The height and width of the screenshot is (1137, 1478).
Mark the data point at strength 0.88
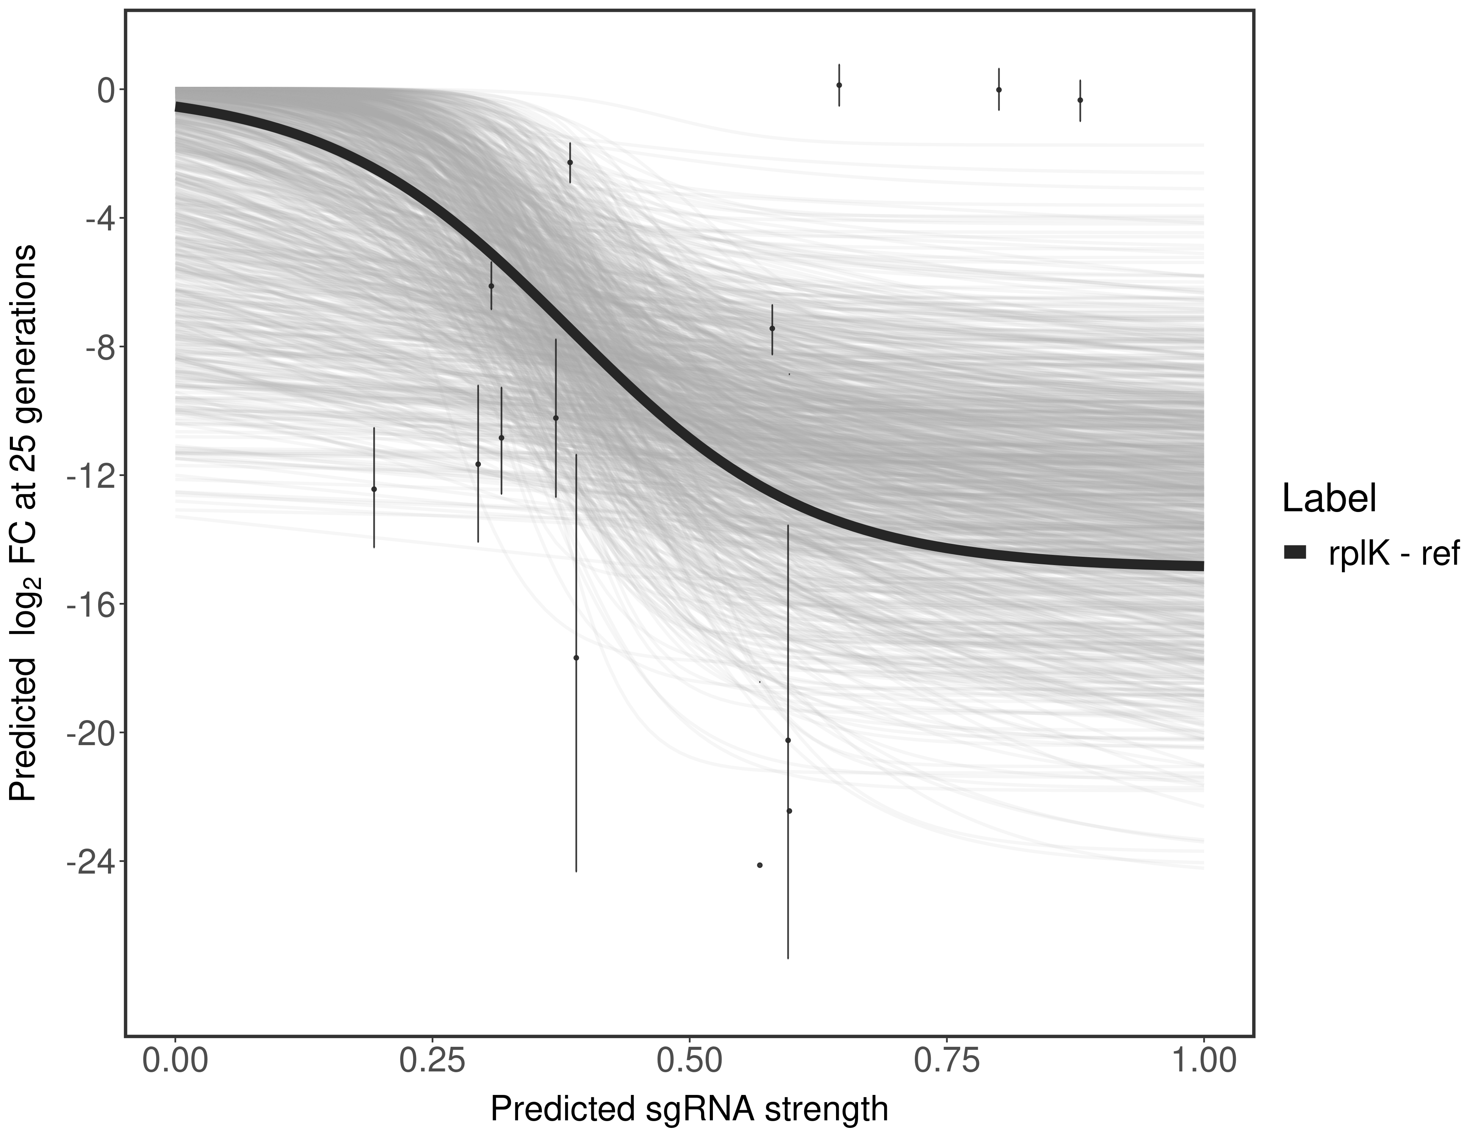pos(1080,100)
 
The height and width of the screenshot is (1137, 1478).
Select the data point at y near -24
pos(760,865)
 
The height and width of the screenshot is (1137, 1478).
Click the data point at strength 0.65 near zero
pos(839,85)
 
